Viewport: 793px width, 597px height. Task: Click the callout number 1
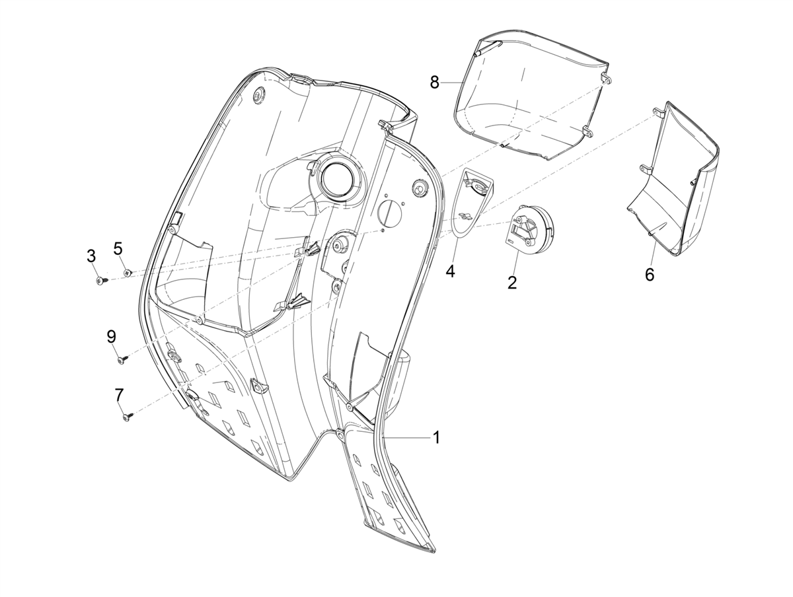pyautogui.click(x=436, y=438)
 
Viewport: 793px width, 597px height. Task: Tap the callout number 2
pyautogui.click(x=512, y=282)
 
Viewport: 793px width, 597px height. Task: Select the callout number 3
pyautogui.click(x=91, y=256)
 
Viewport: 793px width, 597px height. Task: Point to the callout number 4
pyautogui.click(x=450, y=271)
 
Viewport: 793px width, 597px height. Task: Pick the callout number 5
pyautogui.click(x=118, y=248)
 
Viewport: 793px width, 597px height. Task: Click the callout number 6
pyautogui.click(x=650, y=275)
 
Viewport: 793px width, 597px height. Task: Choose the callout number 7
pyautogui.click(x=119, y=395)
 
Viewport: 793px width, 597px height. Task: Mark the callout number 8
pyautogui.click(x=435, y=83)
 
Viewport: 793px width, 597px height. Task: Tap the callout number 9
pyautogui.click(x=111, y=337)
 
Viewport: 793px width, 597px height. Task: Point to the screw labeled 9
pyautogui.click(x=122, y=359)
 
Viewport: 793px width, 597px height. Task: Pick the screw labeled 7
pyautogui.click(x=128, y=417)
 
